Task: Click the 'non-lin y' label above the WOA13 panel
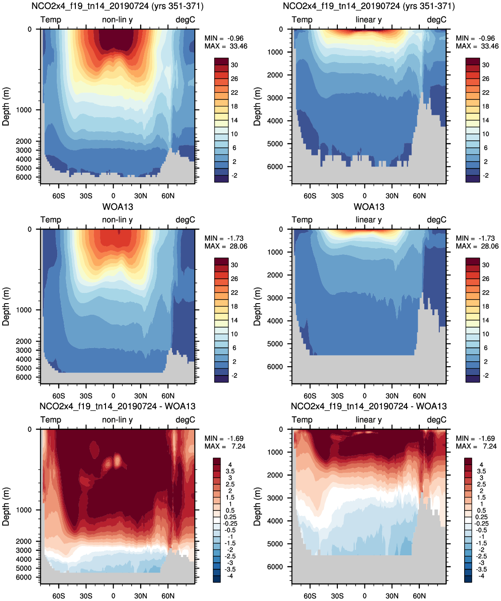(x=117, y=220)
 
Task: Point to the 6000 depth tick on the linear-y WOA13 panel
(x=275, y=367)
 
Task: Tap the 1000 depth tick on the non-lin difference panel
(x=23, y=510)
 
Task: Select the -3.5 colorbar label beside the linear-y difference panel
(x=481, y=569)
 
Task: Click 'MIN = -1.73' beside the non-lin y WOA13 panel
(x=224, y=238)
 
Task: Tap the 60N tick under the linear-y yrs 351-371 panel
(x=419, y=196)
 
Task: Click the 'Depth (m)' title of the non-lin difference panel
(x=6, y=506)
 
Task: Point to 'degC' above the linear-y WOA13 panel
(x=436, y=220)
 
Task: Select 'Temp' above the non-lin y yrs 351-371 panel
(x=51, y=20)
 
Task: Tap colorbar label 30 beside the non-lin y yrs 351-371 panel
(x=234, y=65)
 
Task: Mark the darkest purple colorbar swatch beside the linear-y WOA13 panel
(x=473, y=379)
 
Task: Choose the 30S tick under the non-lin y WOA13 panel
(x=86, y=396)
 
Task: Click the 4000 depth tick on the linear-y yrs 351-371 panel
(x=275, y=121)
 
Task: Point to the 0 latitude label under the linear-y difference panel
(x=364, y=596)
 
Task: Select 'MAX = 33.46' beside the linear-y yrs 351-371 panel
(x=477, y=46)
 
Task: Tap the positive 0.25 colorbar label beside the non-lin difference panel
(x=230, y=517)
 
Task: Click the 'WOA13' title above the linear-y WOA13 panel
(x=369, y=207)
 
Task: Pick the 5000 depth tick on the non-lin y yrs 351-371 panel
(x=23, y=168)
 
